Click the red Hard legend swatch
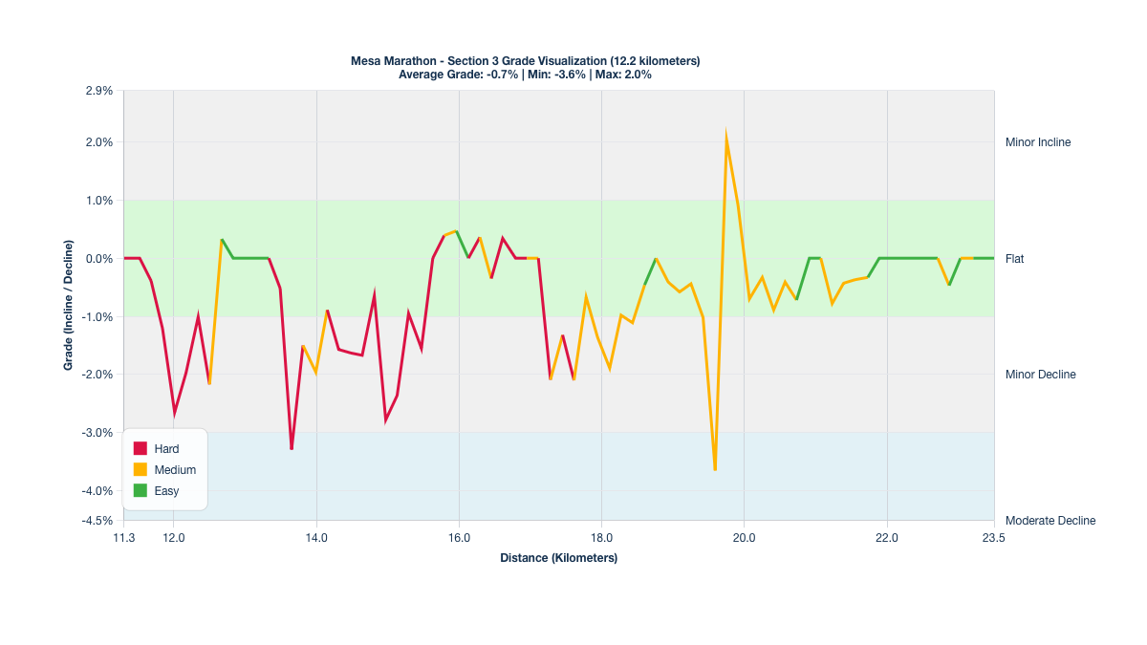tap(140, 449)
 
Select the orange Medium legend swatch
tap(140, 470)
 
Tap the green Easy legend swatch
tap(140, 491)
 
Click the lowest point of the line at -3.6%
tap(715, 469)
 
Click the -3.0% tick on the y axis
tap(99, 433)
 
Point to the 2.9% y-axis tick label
tap(99, 91)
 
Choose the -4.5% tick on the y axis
tap(99, 521)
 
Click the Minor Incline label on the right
tap(1038, 142)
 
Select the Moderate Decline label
tap(1050, 521)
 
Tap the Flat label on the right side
tap(1015, 259)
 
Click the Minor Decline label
tap(1040, 375)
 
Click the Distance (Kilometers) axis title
tap(558, 558)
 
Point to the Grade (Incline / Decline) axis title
tap(69, 306)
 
